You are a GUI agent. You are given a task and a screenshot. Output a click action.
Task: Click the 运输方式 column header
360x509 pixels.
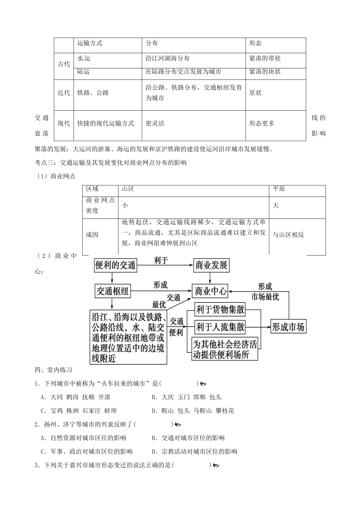(90, 44)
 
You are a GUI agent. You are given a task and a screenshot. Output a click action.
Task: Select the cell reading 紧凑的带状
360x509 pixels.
(265, 59)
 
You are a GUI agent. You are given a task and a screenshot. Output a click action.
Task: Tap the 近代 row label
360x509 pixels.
(64, 93)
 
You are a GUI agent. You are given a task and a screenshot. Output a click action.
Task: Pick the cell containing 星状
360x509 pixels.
(255, 93)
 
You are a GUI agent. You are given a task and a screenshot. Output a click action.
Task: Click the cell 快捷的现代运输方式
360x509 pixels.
(106, 123)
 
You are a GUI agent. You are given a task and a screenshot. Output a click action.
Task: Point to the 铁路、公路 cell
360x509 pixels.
(93, 93)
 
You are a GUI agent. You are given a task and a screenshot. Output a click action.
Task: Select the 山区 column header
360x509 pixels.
(128, 189)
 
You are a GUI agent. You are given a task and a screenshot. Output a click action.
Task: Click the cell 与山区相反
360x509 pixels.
(288, 235)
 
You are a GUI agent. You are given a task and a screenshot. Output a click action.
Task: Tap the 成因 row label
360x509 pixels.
(92, 235)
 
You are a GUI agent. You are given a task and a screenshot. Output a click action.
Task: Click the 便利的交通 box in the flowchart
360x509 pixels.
(115, 265)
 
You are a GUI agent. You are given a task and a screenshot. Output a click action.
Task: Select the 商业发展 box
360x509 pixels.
(211, 265)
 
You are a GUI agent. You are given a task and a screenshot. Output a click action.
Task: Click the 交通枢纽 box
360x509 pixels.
(113, 291)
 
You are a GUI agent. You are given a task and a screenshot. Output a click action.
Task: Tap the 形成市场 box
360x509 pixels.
(288, 327)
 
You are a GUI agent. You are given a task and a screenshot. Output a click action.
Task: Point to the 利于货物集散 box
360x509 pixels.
(220, 310)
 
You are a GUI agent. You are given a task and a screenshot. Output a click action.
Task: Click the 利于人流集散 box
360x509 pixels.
(220, 326)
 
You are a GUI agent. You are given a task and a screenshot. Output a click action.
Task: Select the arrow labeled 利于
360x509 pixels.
(164, 265)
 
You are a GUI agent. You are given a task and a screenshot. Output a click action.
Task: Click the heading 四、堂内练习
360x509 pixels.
(53, 370)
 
